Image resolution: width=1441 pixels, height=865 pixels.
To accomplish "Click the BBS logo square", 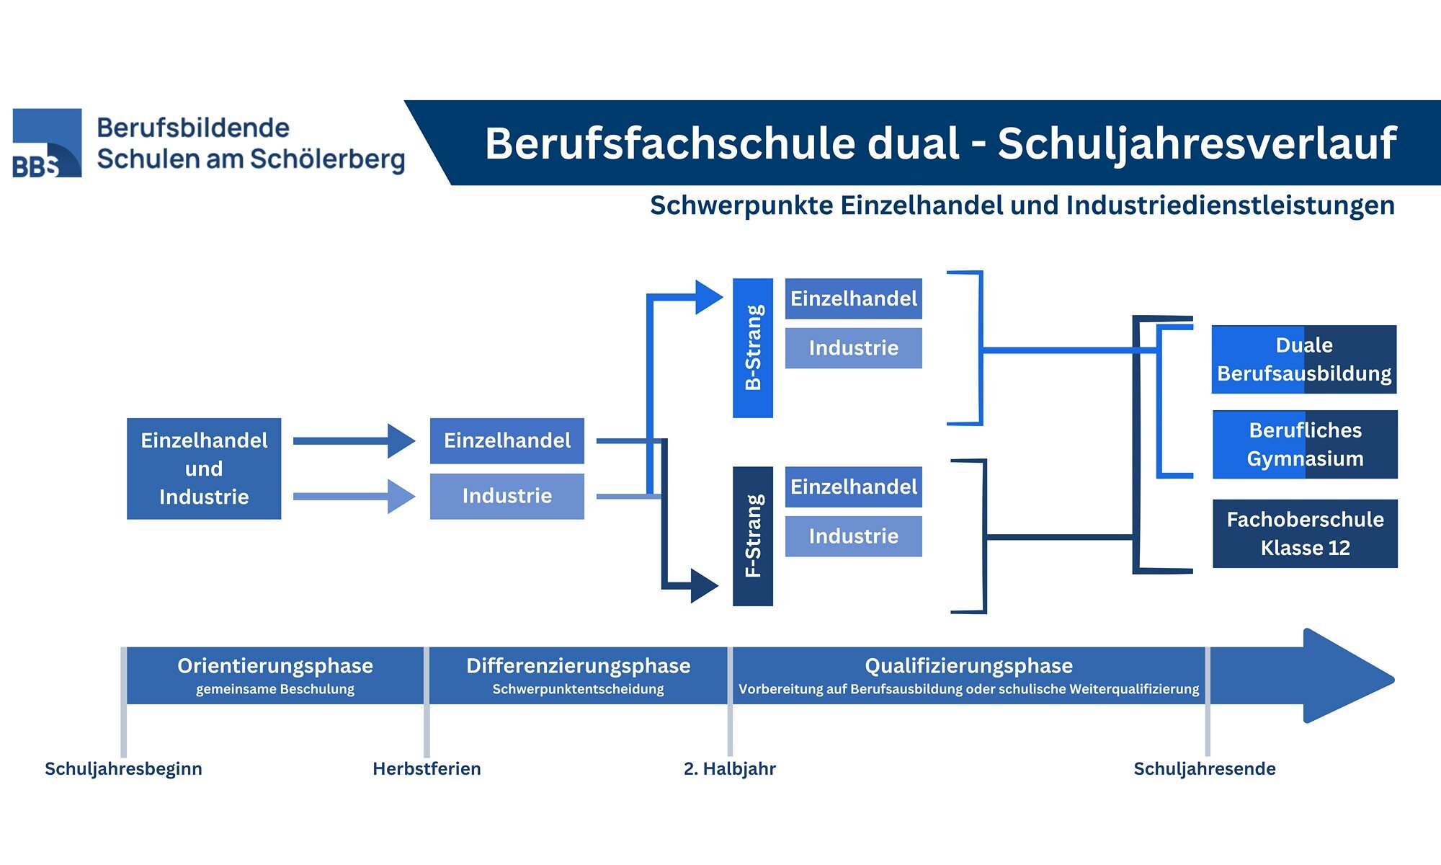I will coord(47,143).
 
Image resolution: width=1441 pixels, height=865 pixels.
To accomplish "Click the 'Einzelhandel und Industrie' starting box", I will coord(204,469).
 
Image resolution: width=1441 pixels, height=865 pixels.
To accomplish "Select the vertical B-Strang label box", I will coord(753,347).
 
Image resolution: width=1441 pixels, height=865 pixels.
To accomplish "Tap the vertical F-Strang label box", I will coord(753,536).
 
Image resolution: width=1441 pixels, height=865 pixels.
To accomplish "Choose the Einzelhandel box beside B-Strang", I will coord(853,298).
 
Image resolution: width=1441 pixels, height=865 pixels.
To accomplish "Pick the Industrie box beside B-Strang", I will coord(853,348).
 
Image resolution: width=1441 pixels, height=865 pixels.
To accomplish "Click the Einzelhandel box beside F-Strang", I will coord(853,487).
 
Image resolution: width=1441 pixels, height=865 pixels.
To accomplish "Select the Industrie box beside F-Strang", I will coord(853,536).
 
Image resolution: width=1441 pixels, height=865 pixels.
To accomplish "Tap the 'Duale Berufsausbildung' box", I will coord(1304,359).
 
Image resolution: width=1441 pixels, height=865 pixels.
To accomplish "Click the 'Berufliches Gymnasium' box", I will coord(1305,444).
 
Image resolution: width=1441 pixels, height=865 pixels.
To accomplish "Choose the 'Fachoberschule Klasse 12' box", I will coord(1305,533).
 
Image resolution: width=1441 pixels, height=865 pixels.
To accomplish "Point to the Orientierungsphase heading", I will coord(275,665).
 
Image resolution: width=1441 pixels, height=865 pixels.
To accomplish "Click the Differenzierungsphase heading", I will coord(578,665).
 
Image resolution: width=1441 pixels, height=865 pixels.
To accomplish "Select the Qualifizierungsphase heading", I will coord(968,665).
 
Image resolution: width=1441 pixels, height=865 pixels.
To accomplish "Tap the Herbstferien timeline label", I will coord(427,768).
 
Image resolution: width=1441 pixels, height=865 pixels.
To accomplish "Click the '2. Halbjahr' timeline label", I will coord(729,768).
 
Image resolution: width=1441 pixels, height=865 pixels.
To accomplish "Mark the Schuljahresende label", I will coord(1204,768).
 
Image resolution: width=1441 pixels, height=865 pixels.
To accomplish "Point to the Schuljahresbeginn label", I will coord(123,768).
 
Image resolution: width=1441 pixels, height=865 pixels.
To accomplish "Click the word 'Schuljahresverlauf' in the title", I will coord(1196,143).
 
